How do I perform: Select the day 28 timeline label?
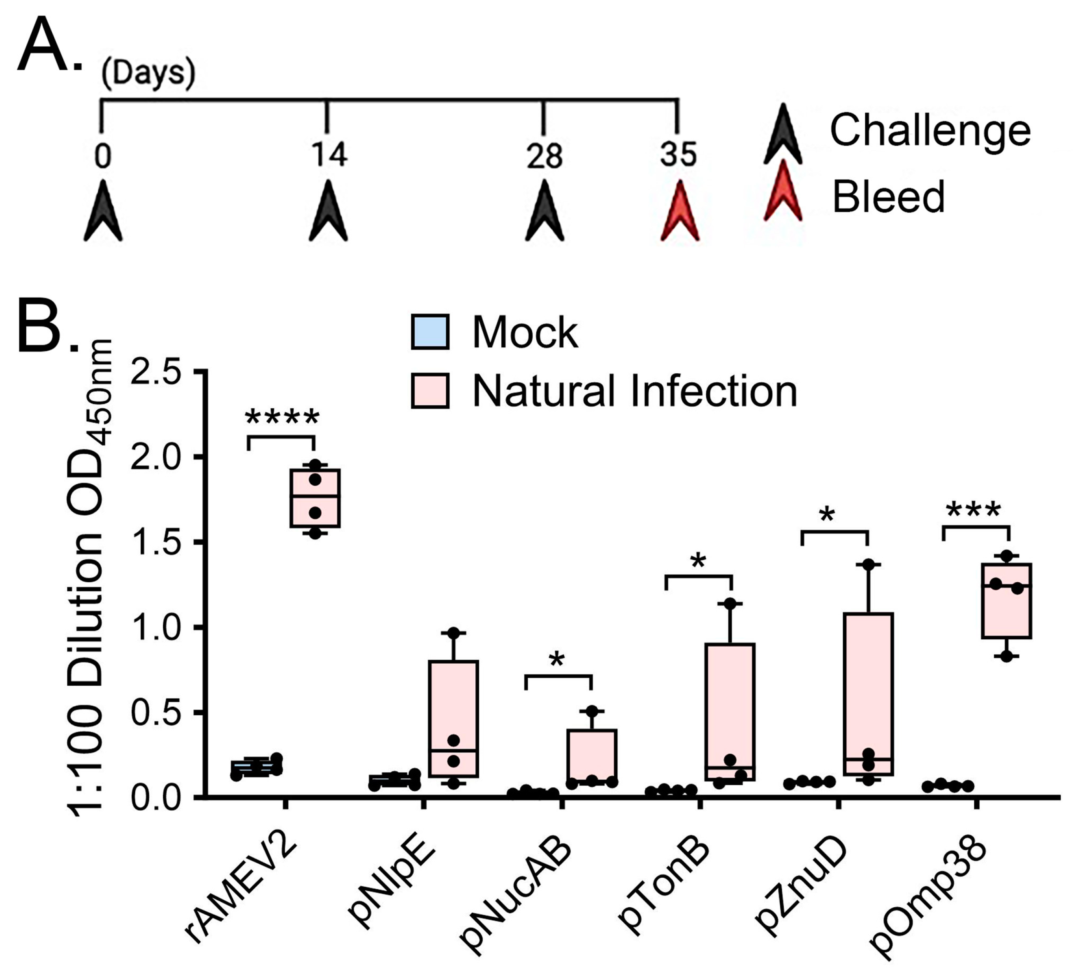click(x=544, y=156)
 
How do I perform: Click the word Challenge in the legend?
click(x=930, y=130)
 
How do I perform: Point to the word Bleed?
click(x=888, y=197)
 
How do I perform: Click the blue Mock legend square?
click(x=430, y=332)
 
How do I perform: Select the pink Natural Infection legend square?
click(x=430, y=391)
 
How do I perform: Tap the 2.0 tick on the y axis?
click(x=161, y=457)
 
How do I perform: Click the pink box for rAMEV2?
click(x=315, y=498)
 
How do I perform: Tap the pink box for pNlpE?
click(x=453, y=718)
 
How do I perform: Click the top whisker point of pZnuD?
click(x=868, y=564)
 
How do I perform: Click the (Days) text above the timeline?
click(x=148, y=73)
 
